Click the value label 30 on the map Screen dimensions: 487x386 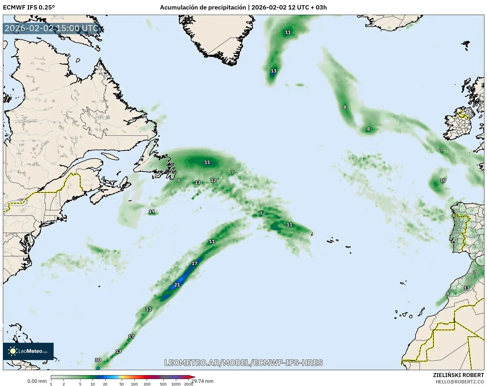[x=98, y=360]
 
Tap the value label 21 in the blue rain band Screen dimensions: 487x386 [x=177, y=285]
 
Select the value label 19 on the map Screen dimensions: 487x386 [x=152, y=212]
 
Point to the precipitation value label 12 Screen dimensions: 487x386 [x=213, y=180]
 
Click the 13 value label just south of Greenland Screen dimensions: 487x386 [x=273, y=71]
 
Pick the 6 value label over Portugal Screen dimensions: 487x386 [x=454, y=215]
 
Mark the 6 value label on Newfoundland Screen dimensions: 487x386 [x=168, y=162]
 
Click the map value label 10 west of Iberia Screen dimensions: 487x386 [x=443, y=180]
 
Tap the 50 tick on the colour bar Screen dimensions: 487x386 [x=122, y=384]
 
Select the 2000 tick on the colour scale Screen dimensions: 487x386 [x=189, y=384]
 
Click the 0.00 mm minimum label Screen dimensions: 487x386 [x=37, y=381]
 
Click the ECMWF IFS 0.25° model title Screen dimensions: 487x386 [x=29, y=7]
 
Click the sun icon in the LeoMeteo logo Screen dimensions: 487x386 [x=13, y=351]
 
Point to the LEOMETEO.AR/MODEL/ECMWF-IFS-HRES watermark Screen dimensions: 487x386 [x=243, y=363]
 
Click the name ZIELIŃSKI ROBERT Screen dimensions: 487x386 [x=458, y=375]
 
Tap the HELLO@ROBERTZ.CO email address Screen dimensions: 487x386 [x=460, y=382]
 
